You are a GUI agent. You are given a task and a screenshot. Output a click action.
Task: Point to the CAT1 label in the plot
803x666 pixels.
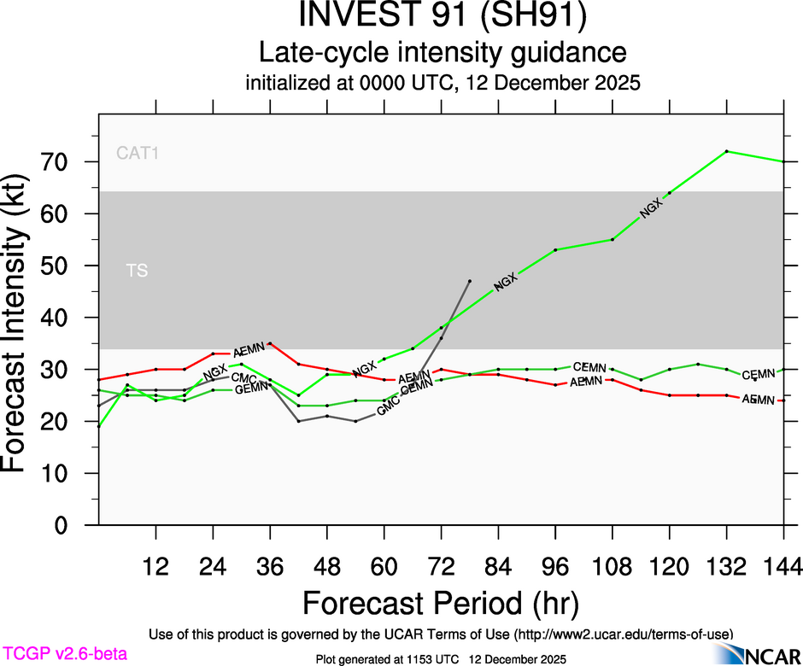pyautogui.click(x=138, y=155)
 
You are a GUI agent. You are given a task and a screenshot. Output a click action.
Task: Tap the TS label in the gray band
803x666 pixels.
pyautogui.click(x=137, y=271)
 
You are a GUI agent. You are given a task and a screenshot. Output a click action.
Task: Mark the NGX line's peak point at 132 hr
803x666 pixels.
pyautogui.click(x=726, y=151)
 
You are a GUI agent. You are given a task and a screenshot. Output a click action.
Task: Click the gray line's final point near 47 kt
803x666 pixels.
pyautogui.click(x=469, y=280)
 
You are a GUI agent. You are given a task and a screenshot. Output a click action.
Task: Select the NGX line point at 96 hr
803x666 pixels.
pyautogui.click(x=555, y=250)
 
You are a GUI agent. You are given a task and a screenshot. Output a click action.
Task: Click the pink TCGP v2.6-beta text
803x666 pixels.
pyautogui.click(x=65, y=654)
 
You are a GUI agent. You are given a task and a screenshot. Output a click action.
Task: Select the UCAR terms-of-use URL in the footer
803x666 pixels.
pyautogui.click(x=623, y=634)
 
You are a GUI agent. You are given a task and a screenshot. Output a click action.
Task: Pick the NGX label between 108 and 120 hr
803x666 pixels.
pyautogui.click(x=651, y=206)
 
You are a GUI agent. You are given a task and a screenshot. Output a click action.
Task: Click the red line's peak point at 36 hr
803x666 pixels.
pyautogui.click(x=270, y=343)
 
